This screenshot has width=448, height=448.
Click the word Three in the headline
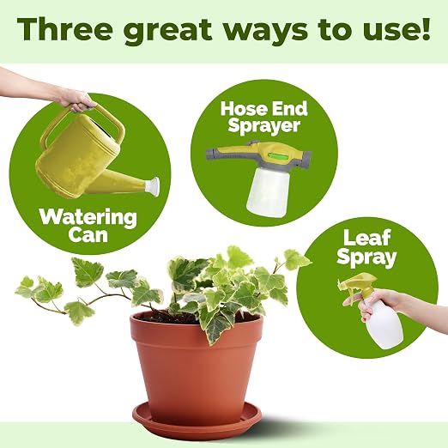pos(64,29)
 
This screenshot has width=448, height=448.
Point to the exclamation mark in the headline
pos(426,29)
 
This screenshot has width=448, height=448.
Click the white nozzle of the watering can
pos(152,186)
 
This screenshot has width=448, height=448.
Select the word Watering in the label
pos(88,218)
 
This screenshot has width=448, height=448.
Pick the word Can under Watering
pos(88,235)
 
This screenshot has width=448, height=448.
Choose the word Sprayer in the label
pos(264,125)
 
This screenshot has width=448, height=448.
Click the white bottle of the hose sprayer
pos(268,191)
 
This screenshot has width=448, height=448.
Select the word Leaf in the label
pos(367,239)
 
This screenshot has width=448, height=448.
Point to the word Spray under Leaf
pos(366,257)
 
